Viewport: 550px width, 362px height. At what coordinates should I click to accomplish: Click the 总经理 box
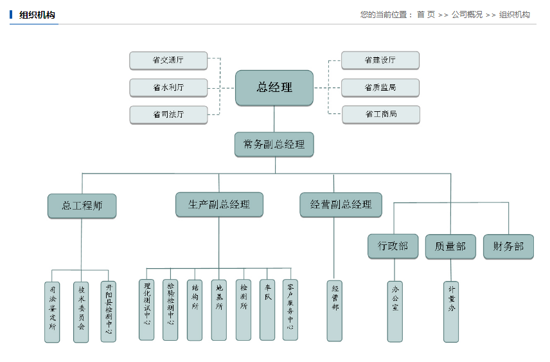274,87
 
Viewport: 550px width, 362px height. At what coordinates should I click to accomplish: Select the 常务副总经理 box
274,145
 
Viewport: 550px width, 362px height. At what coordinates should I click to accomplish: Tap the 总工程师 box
82,206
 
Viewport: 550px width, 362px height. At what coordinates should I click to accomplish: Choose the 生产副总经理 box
219,204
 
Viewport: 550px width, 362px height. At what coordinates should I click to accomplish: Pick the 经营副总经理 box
341,204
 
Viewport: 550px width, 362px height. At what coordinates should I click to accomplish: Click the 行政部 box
393,246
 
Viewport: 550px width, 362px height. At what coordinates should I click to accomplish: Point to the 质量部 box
450,246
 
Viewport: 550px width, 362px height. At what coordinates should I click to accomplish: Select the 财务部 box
508,246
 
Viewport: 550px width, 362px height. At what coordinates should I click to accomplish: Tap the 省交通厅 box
168,60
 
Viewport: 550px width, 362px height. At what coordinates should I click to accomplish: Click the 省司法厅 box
168,114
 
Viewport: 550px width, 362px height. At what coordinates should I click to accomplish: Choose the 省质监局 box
380,87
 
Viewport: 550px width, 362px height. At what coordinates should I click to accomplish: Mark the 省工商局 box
380,114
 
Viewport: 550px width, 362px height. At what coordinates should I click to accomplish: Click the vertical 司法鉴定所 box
52,311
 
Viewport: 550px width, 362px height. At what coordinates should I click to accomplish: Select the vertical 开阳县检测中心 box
109,311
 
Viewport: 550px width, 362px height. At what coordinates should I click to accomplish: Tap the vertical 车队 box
267,309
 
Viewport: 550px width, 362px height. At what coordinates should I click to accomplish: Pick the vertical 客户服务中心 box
290,309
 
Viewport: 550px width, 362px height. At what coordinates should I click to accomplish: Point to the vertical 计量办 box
451,311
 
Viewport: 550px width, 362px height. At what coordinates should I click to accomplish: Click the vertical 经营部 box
335,310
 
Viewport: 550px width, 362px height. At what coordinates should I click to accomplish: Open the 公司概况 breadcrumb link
466,14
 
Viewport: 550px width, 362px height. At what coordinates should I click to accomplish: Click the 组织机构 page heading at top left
37,15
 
